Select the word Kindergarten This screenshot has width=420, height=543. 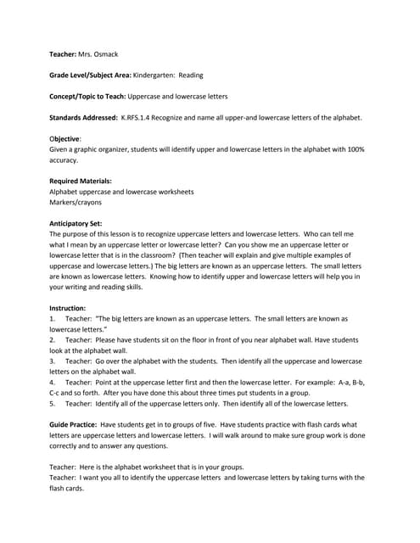tap(154, 75)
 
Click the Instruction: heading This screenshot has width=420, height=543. tap(68, 307)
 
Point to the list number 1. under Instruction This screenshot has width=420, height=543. tap(53, 318)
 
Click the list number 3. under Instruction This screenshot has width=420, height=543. tap(53, 361)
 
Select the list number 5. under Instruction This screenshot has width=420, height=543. tap(53, 403)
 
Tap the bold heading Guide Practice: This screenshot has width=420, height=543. tap(74, 424)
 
